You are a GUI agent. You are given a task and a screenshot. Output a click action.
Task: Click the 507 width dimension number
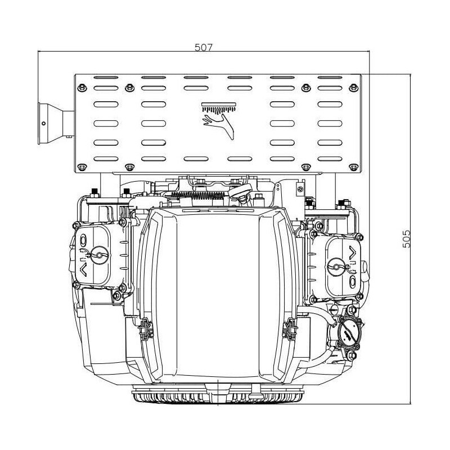(x=204, y=47)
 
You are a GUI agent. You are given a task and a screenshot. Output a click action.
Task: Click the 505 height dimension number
(x=406, y=238)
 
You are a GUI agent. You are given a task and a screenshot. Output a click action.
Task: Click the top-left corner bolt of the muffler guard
(x=82, y=88)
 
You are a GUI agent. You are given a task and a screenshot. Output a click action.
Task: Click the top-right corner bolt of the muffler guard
(x=354, y=88)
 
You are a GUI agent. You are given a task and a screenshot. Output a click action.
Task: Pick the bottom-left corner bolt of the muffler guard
(x=82, y=167)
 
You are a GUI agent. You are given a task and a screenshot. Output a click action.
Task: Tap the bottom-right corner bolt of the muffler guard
(x=354, y=167)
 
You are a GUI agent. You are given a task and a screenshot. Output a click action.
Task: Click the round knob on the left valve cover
(x=100, y=255)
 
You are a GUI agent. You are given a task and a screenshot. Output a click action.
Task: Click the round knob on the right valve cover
(x=336, y=267)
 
